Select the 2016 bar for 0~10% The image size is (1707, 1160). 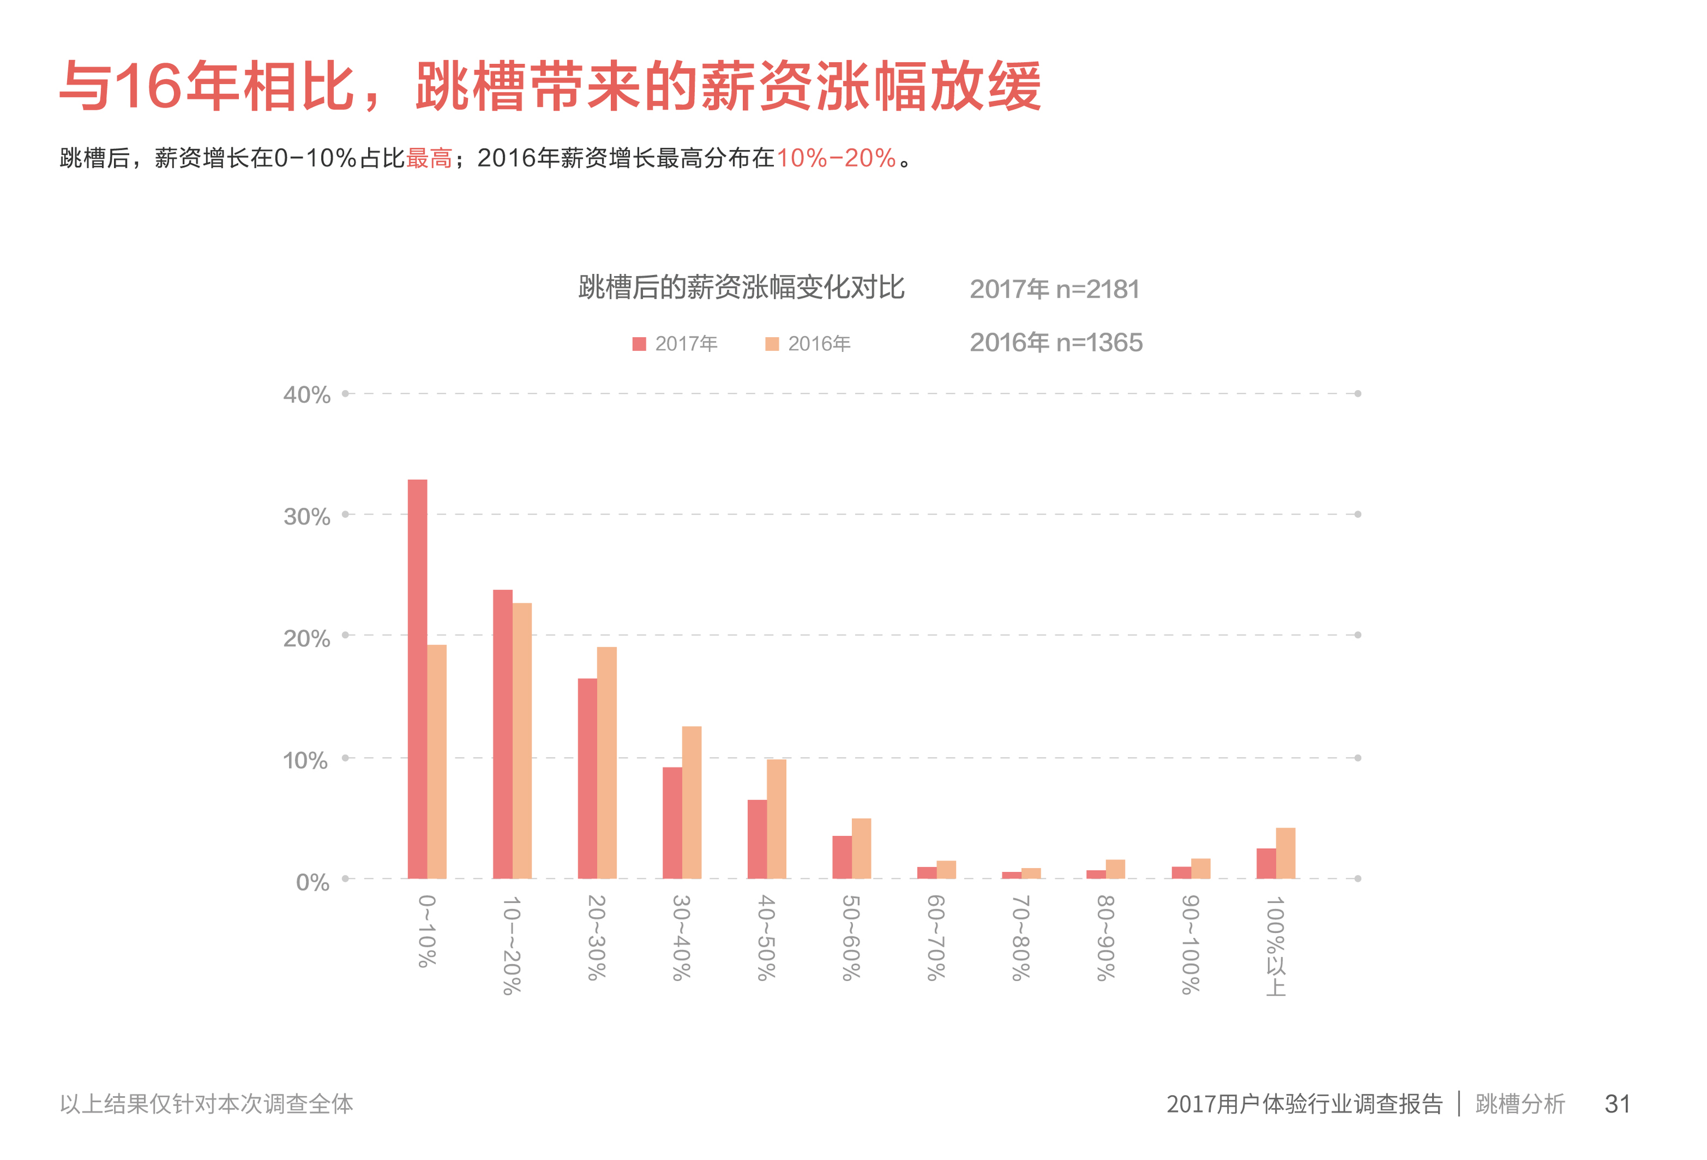coord(436,761)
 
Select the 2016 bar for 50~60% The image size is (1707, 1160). coord(861,848)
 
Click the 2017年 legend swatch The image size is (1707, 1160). coord(639,344)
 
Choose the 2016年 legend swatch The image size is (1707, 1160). coord(771,344)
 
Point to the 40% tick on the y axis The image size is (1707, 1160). coord(307,395)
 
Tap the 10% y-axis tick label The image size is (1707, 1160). coord(305,760)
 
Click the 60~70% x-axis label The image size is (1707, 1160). coord(935,937)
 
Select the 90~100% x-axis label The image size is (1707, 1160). coord(1190,944)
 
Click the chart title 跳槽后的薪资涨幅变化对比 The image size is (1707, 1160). coord(741,287)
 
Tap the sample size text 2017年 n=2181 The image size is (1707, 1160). coord(1054,290)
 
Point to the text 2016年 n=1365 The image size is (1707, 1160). coord(1056,342)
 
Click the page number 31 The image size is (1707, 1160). coord(1617,1104)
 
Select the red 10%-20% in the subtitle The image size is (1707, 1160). coord(836,158)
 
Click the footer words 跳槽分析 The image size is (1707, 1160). coord(1520,1104)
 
